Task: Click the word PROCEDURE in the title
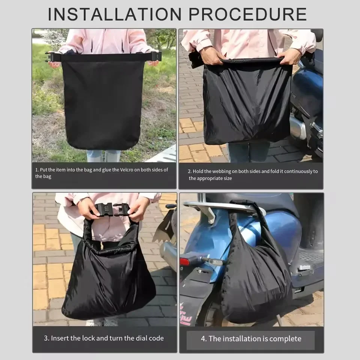pyautogui.click(x=247, y=14)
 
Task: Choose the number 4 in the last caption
pyautogui.click(x=203, y=339)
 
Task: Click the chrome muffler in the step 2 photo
pyautogui.click(x=298, y=127)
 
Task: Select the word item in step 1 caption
pyautogui.click(x=60, y=169)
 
